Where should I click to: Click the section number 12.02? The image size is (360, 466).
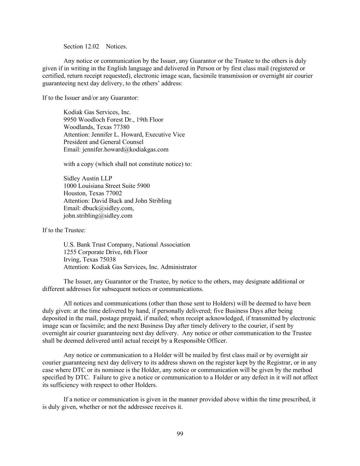tap(92, 46)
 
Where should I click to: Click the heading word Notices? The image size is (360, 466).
tap(116, 46)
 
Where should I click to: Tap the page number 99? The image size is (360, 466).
tap(180, 434)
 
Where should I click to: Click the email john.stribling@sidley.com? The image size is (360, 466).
tap(98, 216)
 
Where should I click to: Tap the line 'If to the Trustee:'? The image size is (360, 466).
tap(64, 230)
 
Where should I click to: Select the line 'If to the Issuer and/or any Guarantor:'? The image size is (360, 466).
tap(90, 98)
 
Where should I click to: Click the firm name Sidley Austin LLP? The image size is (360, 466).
tap(88, 179)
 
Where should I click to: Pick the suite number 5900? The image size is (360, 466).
tap(143, 186)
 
